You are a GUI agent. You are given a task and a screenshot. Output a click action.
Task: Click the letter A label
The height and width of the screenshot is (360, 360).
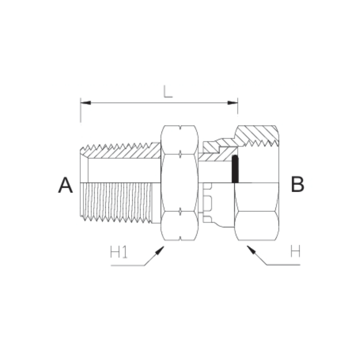point(65,185)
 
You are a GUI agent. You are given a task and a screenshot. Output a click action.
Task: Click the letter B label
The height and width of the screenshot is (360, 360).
point(297,184)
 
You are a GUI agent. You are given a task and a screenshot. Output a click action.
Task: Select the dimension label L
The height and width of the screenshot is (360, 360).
point(167,91)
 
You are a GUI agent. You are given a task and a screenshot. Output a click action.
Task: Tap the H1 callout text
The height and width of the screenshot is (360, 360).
point(119,252)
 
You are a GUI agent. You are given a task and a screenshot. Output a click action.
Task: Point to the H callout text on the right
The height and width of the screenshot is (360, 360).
point(295,252)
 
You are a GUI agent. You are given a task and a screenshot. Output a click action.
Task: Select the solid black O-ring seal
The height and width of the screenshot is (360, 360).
point(234,170)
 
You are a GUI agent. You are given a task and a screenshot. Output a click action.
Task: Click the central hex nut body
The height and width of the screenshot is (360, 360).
point(179,184)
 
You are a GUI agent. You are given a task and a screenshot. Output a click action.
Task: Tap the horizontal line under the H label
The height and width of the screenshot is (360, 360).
point(283,265)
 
